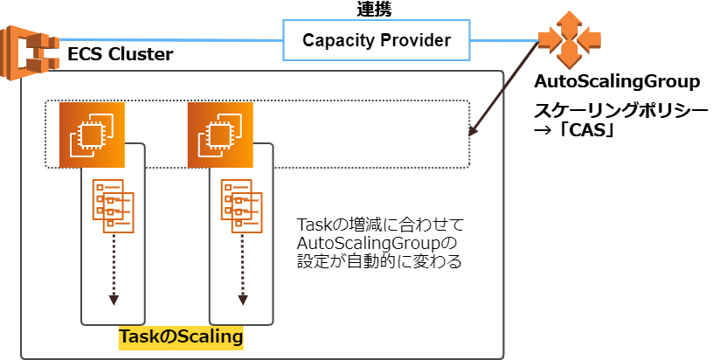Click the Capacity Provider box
coord(376,40)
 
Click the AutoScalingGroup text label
coord(617,82)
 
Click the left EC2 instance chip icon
coord(92,135)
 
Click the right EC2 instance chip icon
coord(220,135)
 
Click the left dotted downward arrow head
coord(113,300)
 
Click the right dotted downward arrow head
coord(242,300)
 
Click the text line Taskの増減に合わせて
coord(377,224)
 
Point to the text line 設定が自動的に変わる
coord(379,260)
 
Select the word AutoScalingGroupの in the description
coord(377,242)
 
